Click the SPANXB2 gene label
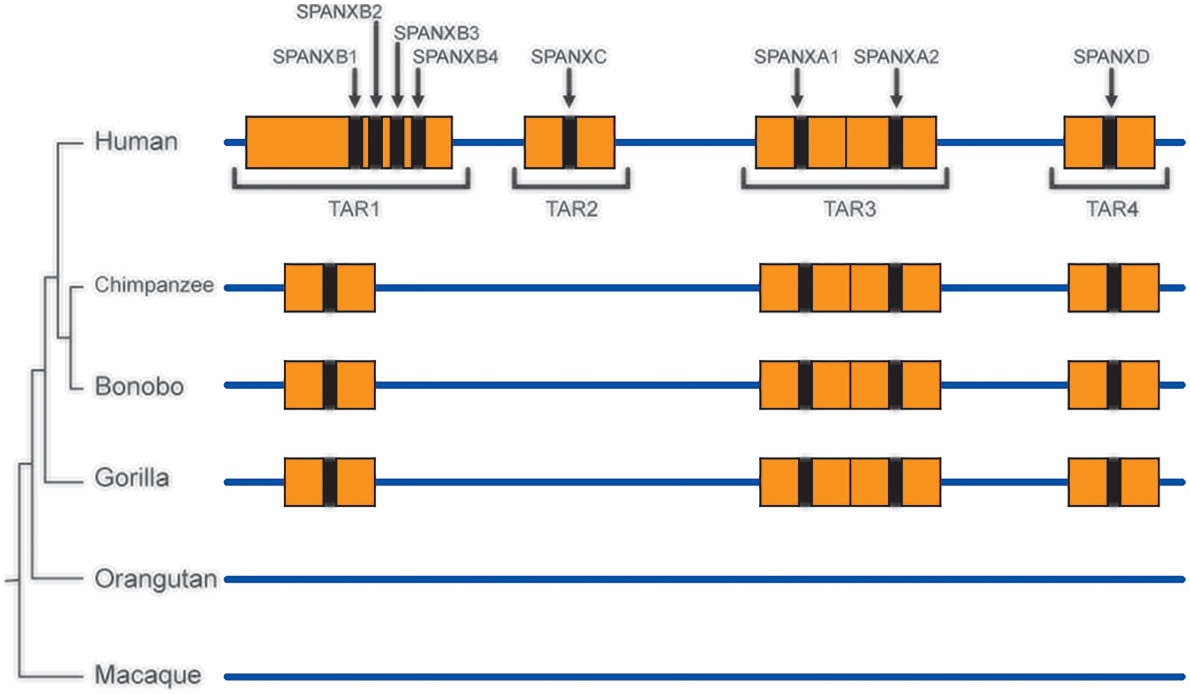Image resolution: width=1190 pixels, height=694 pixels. [x=339, y=12]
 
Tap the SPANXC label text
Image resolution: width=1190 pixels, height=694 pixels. [x=569, y=57]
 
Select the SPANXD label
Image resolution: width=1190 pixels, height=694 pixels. [x=1111, y=57]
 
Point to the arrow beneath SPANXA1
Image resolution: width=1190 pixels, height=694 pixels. [x=797, y=88]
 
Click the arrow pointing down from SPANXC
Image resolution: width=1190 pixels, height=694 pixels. [x=569, y=88]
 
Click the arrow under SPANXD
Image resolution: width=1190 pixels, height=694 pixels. [x=1111, y=88]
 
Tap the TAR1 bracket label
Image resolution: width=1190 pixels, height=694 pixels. [x=354, y=210]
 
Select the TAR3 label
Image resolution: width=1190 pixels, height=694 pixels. [x=850, y=210]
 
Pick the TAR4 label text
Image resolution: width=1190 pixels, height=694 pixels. [x=1111, y=210]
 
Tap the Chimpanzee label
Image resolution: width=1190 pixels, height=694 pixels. [x=154, y=285]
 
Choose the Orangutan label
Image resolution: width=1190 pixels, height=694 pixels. [x=156, y=579]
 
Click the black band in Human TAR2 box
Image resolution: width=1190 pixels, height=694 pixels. [x=569, y=142]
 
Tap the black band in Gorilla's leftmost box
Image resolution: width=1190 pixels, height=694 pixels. [x=330, y=482]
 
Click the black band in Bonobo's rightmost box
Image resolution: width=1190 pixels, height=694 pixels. [x=1114, y=385]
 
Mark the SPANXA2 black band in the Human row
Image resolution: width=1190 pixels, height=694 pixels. [x=895, y=142]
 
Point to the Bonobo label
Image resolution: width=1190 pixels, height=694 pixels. [x=139, y=387]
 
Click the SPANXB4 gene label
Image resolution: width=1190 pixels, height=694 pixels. [x=455, y=57]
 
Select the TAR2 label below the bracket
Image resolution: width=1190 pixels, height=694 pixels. [x=572, y=210]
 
